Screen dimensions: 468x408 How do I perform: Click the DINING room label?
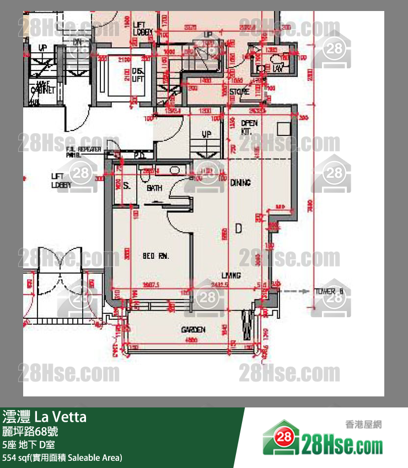point(240,182)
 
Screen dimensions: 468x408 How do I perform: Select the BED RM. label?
point(155,256)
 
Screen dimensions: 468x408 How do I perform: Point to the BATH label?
point(154,188)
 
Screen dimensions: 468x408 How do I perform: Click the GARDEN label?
point(194,330)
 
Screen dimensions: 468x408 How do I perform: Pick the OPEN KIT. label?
point(249,128)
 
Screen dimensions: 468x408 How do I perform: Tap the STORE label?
point(239,92)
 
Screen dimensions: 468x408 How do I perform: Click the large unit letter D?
point(239,228)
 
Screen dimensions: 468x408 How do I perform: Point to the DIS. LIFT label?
point(138,75)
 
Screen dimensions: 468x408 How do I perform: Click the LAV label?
point(278,68)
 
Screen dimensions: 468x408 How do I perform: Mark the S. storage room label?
point(126,186)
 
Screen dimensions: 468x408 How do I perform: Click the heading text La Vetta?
point(61,417)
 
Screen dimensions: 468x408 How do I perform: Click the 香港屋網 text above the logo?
point(363,425)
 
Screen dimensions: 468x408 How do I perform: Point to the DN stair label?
point(78,42)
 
